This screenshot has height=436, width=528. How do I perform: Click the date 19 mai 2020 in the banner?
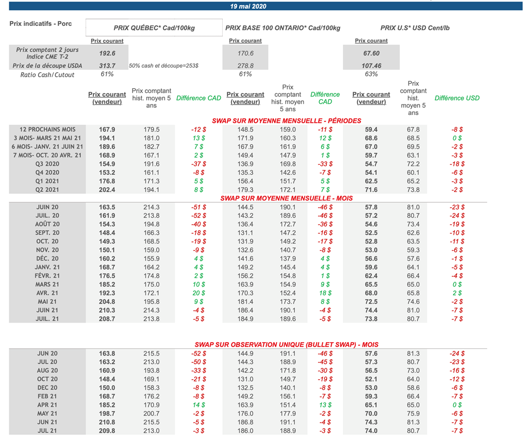click(248, 6)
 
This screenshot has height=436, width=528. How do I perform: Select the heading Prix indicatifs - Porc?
click(41, 24)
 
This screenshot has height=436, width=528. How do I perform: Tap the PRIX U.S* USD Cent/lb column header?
click(415, 28)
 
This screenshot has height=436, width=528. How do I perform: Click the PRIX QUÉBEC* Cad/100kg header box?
click(154, 28)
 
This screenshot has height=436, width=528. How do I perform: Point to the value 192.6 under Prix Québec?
click(107, 53)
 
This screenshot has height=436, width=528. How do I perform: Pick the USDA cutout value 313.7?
click(107, 66)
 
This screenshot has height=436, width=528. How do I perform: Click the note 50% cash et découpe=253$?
click(164, 66)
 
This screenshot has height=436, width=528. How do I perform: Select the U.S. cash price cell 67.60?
click(371, 53)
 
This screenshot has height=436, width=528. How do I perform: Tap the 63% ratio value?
click(371, 74)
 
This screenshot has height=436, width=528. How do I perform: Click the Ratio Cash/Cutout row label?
click(47, 75)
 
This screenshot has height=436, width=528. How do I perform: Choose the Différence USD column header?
click(457, 98)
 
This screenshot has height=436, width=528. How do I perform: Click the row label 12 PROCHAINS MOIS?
click(47, 130)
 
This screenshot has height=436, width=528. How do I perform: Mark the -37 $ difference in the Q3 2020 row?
click(199, 164)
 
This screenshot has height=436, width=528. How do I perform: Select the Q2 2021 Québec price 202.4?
click(107, 190)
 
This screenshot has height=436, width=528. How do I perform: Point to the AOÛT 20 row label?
click(47, 224)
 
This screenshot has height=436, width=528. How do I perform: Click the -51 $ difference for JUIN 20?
click(199, 207)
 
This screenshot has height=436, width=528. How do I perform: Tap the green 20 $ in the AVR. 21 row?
click(199, 293)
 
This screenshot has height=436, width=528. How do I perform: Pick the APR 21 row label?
click(47, 405)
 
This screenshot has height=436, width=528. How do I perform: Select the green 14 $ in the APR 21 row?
click(199, 405)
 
